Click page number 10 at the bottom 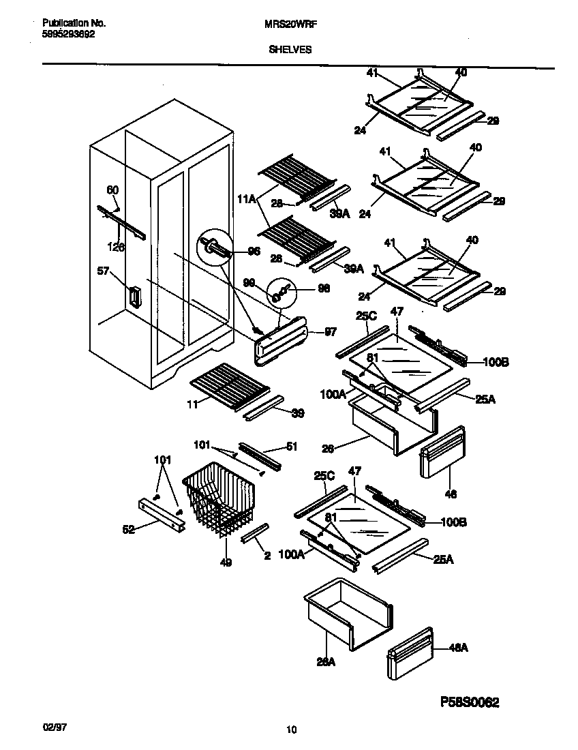(x=291, y=730)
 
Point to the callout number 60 (x=112, y=190)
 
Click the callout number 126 (x=117, y=247)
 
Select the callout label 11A (x=247, y=199)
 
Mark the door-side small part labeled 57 (x=133, y=297)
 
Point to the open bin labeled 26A (x=348, y=609)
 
